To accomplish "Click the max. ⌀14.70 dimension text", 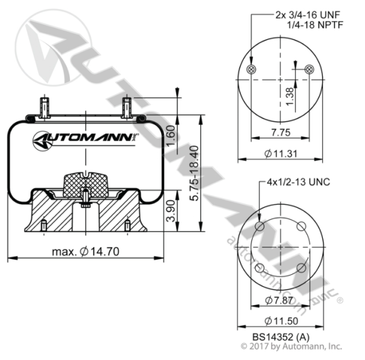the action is point(85,252).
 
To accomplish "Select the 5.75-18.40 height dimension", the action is point(194,173).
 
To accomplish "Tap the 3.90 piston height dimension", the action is point(171,210).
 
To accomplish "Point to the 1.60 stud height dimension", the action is point(171,136).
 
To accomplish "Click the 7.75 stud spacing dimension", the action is point(281,133).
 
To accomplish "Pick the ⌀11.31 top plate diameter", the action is point(281,154).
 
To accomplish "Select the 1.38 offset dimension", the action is point(290,96).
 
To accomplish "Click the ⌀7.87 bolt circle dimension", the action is point(279,300).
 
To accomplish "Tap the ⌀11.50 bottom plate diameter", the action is point(282,321).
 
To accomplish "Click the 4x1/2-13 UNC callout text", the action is point(299,182).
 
